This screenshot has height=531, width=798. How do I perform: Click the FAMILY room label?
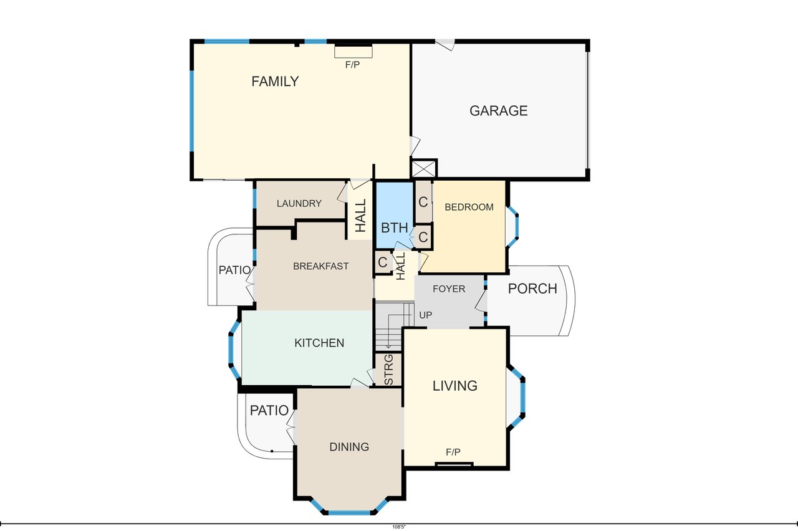tap(275, 82)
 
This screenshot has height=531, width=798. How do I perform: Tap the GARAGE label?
tap(498, 111)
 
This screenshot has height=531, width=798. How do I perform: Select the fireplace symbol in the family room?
tap(353, 52)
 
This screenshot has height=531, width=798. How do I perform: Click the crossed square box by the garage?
tap(424, 168)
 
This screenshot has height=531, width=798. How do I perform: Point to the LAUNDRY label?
tap(299, 203)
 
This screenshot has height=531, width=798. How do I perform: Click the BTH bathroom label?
tap(395, 228)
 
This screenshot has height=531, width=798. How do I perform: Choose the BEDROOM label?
tap(469, 207)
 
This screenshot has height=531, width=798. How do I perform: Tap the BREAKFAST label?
tap(320, 266)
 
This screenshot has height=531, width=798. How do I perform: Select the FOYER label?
tap(449, 289)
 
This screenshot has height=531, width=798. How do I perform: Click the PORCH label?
tap(532, 289)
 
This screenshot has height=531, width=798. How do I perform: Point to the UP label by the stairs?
tap(425, 315)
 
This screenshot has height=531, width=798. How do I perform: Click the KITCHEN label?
tap(319, 343)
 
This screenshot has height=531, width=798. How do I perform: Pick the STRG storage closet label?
tap(389, 370)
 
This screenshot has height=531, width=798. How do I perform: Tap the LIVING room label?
tap(455, 386)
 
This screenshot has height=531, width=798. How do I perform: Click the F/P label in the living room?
tap(453, 452)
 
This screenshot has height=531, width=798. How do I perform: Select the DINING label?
tap(349, 447)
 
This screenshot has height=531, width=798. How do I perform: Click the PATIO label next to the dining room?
tap(269, 410)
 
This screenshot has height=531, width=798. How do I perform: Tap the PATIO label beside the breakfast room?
tap(234, 270)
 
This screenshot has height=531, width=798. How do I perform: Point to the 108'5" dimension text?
tap(399, 527)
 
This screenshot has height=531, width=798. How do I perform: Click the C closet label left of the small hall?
tap(383, 262)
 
